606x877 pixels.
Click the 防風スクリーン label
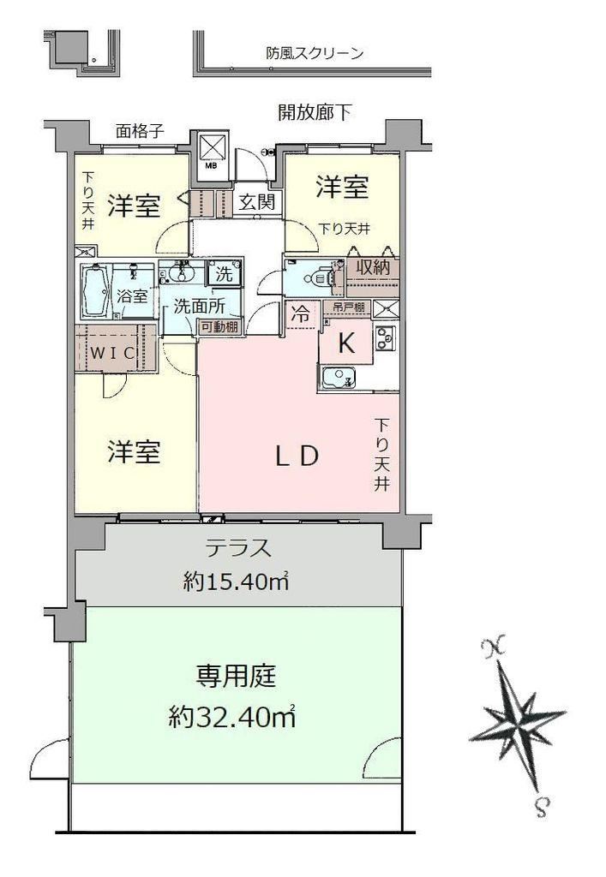coord(315,54)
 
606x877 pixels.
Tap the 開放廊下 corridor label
coord(315,113)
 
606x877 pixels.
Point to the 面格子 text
coord(140,131)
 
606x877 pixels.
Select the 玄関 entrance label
coord(257,202)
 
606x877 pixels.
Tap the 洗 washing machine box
coord(225,273)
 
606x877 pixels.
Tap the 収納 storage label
coord(373,267)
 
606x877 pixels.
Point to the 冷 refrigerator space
coord(301,314)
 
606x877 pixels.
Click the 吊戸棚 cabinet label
coord(349,307)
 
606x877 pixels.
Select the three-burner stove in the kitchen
coord(386,337)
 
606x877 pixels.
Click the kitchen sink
coord(337,377)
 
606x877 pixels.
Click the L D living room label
coord(297,456)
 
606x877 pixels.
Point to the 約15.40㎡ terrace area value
coord(236,582)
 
